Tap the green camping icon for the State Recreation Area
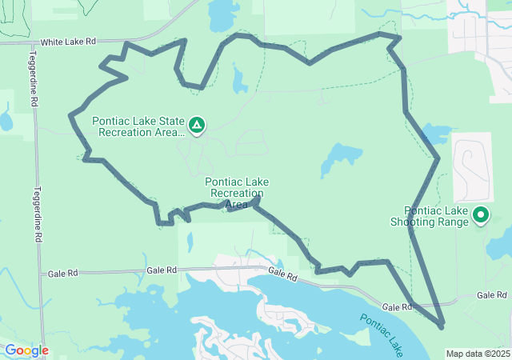196,125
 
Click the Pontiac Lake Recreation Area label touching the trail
236,193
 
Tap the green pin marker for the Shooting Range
481,214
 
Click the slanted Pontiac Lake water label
381,334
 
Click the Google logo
26,350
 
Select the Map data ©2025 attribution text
478,354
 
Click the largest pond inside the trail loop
341,157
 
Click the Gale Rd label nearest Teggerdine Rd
62,273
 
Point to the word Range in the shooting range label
453,222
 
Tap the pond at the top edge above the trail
220,14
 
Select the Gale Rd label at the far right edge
490,295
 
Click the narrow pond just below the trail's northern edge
239,79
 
